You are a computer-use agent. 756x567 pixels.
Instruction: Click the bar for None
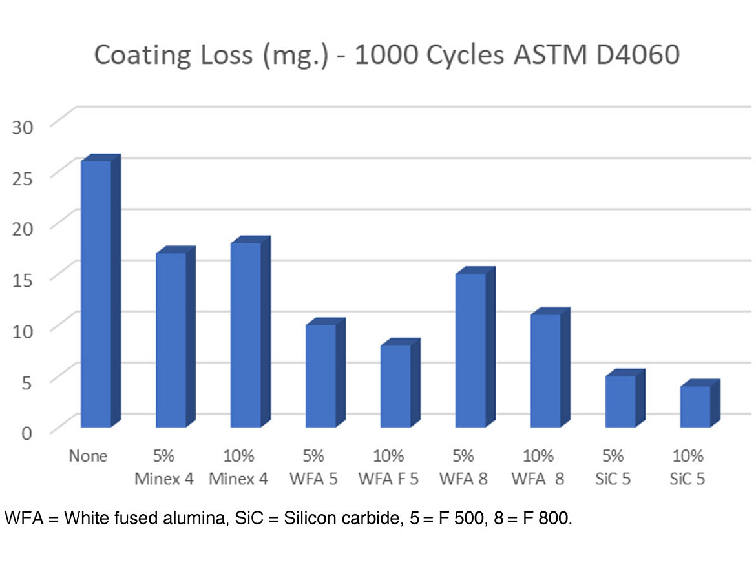tap(96, 294)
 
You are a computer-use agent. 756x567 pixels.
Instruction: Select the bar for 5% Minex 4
tap(171, 340)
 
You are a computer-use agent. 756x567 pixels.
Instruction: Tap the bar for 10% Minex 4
tap(246, 335)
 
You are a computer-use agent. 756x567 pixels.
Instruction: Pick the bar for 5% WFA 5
tap(321, 375)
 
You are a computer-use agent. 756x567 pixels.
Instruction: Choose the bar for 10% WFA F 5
tap(396, 386)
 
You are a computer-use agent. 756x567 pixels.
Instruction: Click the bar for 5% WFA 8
tap(471, 350)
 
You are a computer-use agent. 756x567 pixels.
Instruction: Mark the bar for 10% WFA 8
tap(546, 370)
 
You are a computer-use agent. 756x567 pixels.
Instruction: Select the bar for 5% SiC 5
tap(620, 401)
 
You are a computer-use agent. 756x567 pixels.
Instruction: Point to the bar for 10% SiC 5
tap(695, 406)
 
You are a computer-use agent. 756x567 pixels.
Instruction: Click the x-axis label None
tap(88, 457)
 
